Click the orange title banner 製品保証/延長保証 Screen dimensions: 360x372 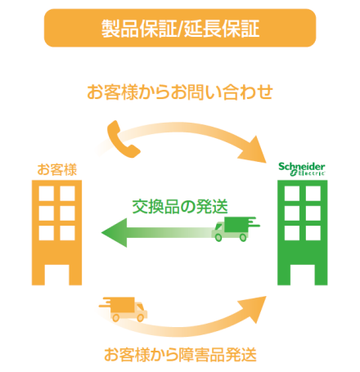point(180,28)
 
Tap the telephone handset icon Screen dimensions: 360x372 point(124,140)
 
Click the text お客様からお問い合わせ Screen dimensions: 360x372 point(180,92)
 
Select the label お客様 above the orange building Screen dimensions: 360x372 point(57,169)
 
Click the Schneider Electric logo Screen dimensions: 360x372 point(302,169)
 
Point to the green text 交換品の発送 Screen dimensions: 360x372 point(180,207)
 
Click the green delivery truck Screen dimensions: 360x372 point(236,229)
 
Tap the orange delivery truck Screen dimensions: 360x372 point(124,309)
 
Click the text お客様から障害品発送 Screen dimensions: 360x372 point(180,355)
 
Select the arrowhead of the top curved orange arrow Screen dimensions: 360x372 point(254,150)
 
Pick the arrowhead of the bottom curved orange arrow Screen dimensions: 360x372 point(253,309)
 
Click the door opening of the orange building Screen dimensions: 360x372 point(56,275)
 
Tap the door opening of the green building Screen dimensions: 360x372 point(303,275)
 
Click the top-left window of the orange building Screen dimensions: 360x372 point(46,194)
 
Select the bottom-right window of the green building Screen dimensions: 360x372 point(313,233)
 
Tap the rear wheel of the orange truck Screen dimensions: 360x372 point(116,318)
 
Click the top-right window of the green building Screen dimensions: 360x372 point(313,194)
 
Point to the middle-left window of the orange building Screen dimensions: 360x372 point(46,213)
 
